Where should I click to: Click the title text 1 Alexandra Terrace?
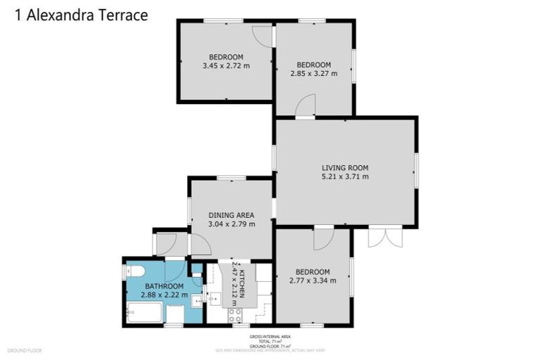click(81, 15)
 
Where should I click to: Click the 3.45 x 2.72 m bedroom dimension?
click(226, 66)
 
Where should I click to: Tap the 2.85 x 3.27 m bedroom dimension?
click(314, 73)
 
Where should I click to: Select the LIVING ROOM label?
click(345, 167)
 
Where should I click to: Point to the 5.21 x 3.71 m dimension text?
click(345, 176)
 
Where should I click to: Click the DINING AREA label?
click(231, 215)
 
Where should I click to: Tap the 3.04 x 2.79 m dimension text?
click(231, 224)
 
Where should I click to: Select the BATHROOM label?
click(164, 286)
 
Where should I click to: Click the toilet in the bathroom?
click(135, 271)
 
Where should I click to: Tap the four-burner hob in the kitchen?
click(234, 315)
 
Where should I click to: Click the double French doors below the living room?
click(385, 237)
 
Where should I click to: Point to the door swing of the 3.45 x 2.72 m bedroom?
click(263, 37)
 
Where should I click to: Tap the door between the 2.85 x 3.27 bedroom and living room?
click(306, 107)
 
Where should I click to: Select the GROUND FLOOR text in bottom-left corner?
click(25, 350)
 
